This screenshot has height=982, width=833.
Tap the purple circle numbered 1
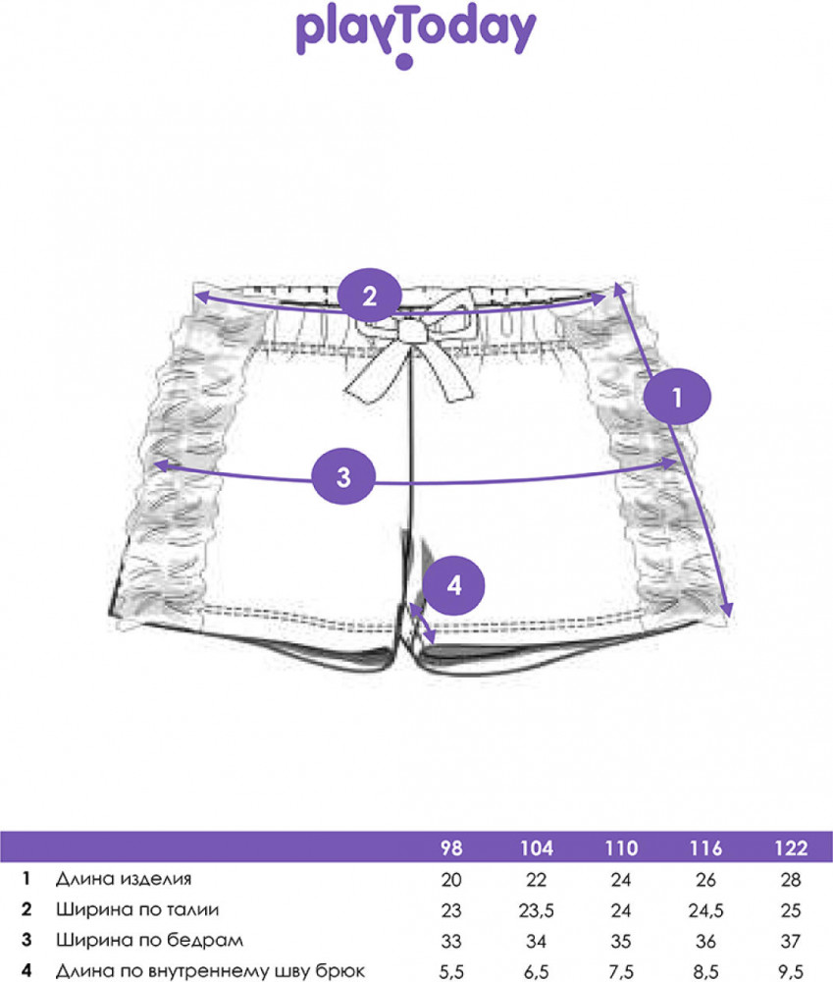coord(677,397)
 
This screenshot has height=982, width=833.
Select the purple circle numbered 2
coord(369,296)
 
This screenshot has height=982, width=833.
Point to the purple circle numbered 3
coord(343,476)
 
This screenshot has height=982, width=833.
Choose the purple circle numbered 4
coord(453,585)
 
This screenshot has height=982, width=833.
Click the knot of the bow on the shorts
coord(410,332)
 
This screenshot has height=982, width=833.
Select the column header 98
coord(451,848)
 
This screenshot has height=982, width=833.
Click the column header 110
coord(621,848)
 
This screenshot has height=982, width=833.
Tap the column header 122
coord(791,848)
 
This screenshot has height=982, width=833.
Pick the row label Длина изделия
coord(124,879)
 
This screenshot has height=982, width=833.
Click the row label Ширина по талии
coord(137,909)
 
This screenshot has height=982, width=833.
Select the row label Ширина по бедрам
coord(149,940)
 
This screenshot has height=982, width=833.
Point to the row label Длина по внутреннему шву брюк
coord(210,970)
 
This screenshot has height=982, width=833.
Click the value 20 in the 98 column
coord(451,880)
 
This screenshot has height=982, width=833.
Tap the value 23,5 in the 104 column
coord(537,910)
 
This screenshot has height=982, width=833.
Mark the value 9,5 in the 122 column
coord(791,972)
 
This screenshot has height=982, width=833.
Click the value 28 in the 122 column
coord(791,880)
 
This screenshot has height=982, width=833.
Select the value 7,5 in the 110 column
coord(621,972)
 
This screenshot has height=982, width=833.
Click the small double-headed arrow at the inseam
coord(421,624)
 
